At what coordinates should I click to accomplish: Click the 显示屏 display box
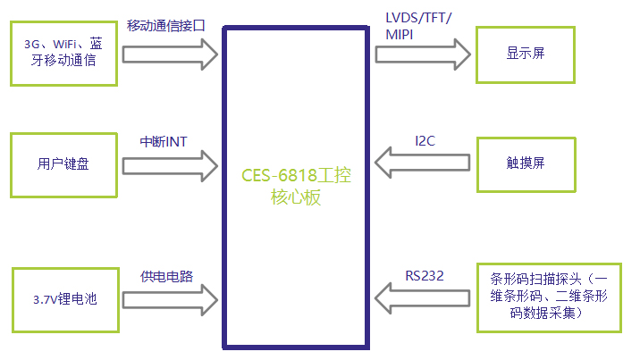point(525,53)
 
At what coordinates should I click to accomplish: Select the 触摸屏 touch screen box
point(525,163)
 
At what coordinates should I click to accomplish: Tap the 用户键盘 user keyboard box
point(63,163)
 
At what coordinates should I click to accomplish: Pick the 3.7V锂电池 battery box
point(63,299)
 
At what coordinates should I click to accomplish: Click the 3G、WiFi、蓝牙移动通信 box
point(63,53)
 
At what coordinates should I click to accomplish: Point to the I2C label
point(426,140)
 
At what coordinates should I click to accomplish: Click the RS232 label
point(424,276)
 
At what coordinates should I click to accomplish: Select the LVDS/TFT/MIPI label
point(419,26)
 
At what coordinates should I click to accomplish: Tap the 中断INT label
point(164,142)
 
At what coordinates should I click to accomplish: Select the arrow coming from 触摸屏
point(422,163)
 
